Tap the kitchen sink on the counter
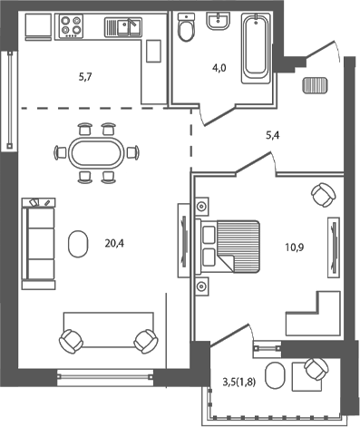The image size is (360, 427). (x=122, y=27)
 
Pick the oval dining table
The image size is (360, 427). (x=96, y=151)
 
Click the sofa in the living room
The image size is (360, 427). (x=39, y=240)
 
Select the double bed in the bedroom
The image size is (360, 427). (x=229, y=246)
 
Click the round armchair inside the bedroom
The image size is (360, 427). (x=321, y=194)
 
